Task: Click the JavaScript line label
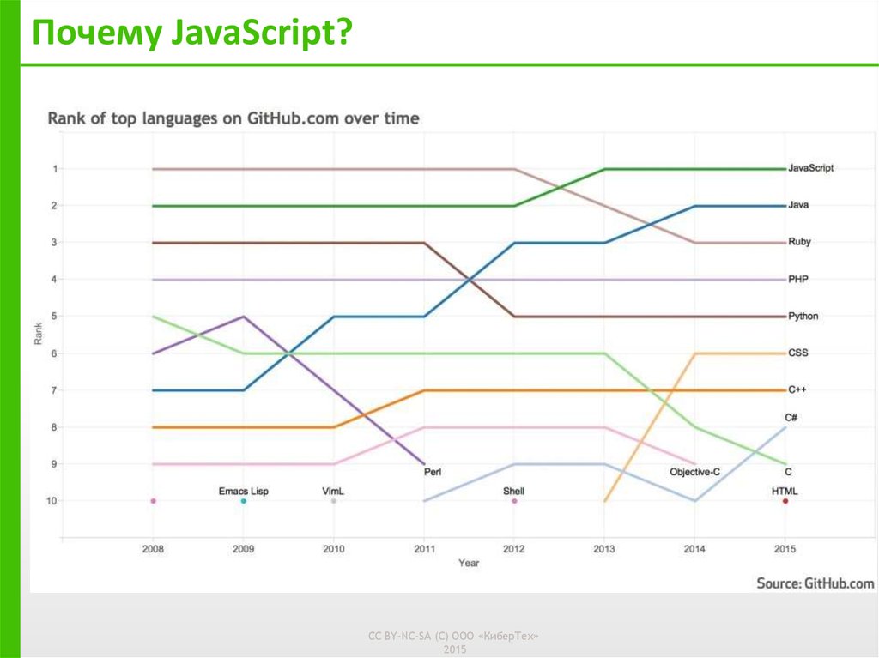click(810, 168)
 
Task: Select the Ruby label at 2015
click(799, 242)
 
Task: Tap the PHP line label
click(798, 279)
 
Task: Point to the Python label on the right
click(803, 316)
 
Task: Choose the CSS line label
click(798, 353)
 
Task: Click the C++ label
click(797, 389)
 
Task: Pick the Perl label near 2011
click(433, 471)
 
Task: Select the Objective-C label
click(694, 471)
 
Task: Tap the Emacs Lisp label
click(243, 491)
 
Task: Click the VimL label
click(333, 491)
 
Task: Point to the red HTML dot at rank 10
click(785, 501)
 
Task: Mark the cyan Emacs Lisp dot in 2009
click(243, 501)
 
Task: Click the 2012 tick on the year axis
click(513, 548)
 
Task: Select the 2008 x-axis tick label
click(153, 548)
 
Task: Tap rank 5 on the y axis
click(55, 317)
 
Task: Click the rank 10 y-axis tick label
click(53, 501)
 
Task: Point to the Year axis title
click(469, 563)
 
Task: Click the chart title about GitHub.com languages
click(233, 118)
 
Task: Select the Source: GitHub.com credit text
click(815, 583)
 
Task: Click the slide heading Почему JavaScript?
click(192, 35)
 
